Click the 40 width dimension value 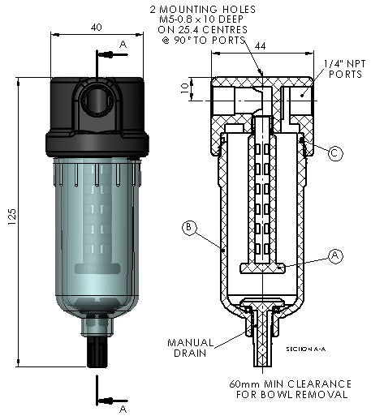[97, 27]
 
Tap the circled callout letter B [188, 229]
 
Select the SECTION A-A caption [306, 348]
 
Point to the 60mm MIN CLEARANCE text [289, 384]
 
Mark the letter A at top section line [123, 42]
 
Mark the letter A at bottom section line [123, 409]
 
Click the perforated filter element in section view [261, 195]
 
